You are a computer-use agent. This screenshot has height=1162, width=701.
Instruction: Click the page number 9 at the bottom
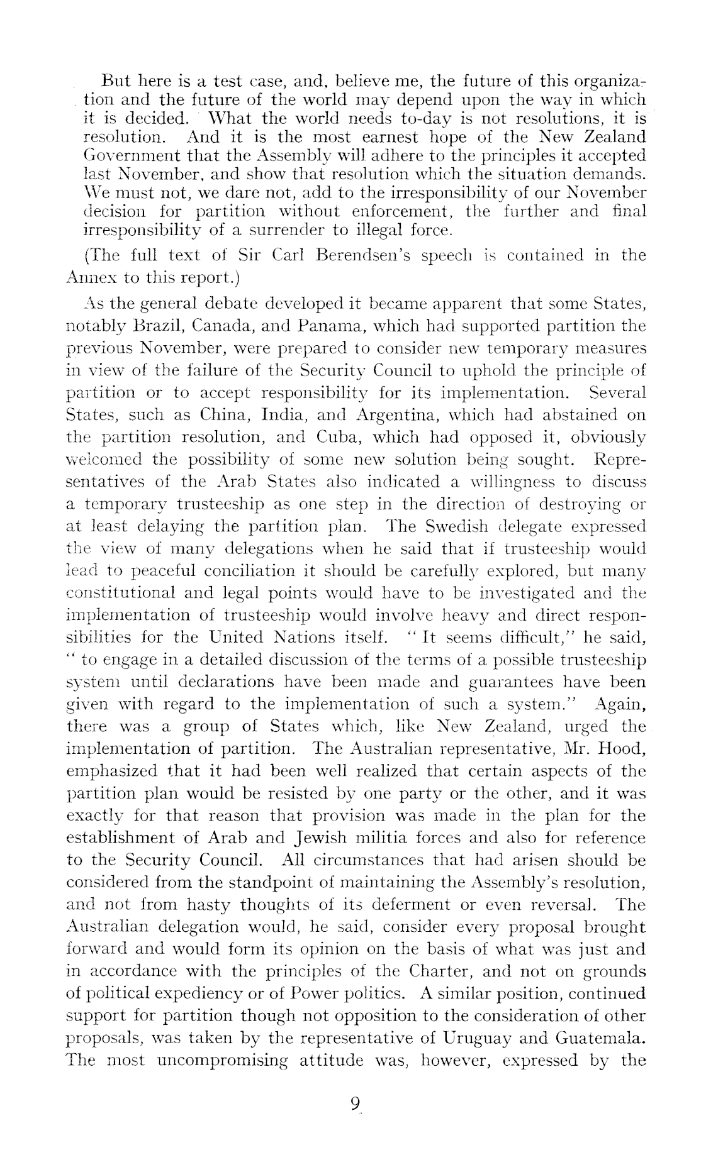[x=356, y=1104]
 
